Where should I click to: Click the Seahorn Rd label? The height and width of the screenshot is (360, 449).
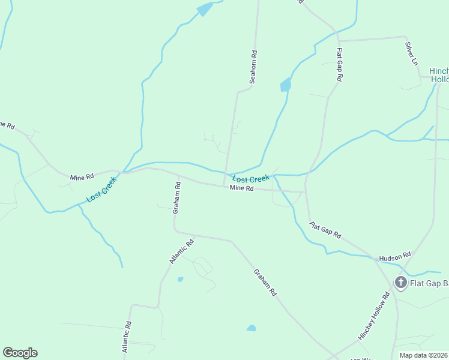coord(253,66)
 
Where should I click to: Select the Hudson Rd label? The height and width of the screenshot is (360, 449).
coord(394,256)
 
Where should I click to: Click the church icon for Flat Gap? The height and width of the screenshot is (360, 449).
coord(400,282)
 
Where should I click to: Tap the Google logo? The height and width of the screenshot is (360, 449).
coord(20,353)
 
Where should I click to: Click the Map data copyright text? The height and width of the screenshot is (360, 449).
coord(423,355)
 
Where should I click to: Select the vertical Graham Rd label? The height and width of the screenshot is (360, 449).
coord(176,199)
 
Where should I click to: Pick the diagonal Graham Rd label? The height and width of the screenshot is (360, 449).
coord(265,282)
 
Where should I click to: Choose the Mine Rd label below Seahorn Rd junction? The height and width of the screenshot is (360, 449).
coord(242,188)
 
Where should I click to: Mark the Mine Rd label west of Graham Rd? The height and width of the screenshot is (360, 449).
coord(82,177)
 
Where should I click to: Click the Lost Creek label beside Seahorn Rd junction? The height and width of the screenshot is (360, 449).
coord(251,179)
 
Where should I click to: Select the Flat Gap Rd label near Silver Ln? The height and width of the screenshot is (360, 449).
coord(339,65)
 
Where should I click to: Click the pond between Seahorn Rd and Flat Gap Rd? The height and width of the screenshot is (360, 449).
coord(286,85)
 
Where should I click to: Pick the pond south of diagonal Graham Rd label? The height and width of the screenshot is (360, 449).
coord(251,328)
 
